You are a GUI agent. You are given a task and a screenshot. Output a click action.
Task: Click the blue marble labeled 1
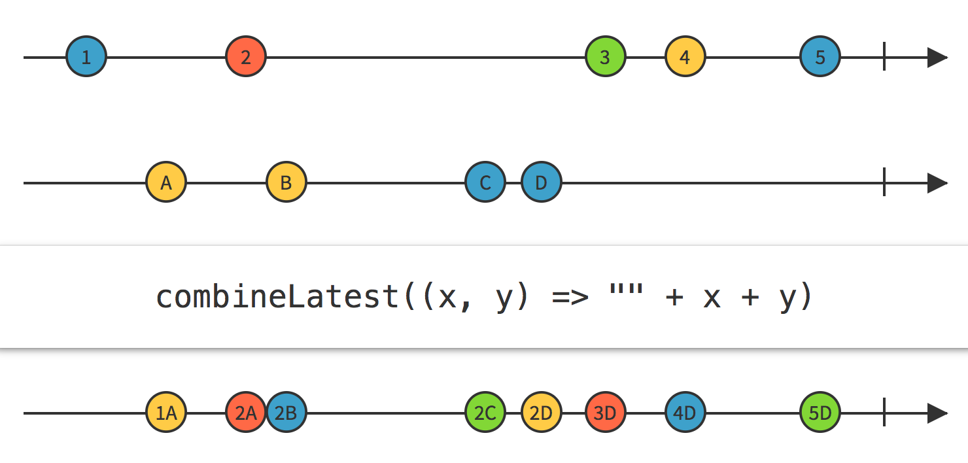coord(86,57)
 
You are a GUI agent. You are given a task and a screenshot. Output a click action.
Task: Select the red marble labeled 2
coord(246,57)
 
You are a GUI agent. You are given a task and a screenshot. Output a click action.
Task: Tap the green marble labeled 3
coord(606,57)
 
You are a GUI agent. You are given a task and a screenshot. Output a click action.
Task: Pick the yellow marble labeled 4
coord(685,57)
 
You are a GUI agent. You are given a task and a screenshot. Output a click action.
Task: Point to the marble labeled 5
coord(820,57)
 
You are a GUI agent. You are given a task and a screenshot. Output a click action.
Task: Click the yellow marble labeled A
coord(166,182)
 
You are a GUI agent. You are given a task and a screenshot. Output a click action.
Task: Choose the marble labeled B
coord(286,182)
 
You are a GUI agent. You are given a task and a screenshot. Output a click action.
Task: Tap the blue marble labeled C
coord(485,182)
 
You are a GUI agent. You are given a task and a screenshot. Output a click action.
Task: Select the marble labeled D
coord(542,182)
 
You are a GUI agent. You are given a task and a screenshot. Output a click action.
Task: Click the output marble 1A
coord(166,413)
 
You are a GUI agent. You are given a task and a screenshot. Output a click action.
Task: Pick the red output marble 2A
coord(246,413)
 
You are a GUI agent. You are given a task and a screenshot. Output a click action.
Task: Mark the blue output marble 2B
coord(286,413)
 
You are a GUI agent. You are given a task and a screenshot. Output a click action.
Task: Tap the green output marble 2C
coord(485,413)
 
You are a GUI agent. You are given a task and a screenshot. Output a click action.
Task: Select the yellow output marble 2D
coord(542,413)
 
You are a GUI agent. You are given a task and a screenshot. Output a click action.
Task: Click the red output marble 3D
coord(606,413)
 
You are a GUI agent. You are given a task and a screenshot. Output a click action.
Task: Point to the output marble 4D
coord(685,413)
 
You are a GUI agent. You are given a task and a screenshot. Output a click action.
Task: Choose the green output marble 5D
coord(820,413)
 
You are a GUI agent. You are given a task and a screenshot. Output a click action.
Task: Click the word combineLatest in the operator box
coord(277,297)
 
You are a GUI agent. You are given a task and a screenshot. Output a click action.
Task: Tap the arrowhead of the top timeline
coord(937,57)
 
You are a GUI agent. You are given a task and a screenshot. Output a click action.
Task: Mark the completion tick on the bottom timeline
coord(884,413)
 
